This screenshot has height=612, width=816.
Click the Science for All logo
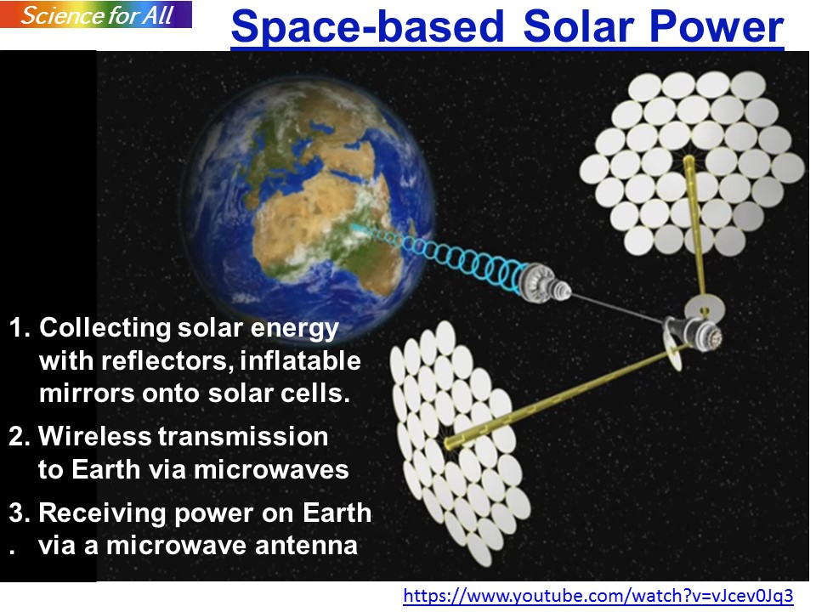[x=96, y=14]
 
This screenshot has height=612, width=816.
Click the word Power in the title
[x=717, y=26]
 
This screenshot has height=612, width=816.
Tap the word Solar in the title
[x=581, y=26]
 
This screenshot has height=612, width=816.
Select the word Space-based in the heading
[x=368, y=27]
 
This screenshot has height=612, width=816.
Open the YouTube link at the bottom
[x=598, y=595]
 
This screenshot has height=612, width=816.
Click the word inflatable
[x=300, y=360]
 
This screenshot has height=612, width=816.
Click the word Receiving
[x=103, y=513]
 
